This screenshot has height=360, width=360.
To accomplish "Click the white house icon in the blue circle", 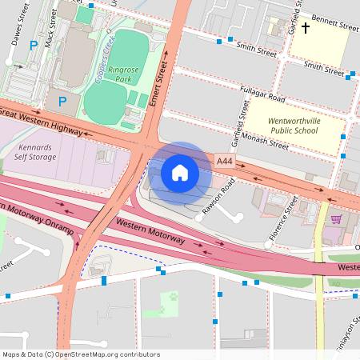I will [x=180, y=173].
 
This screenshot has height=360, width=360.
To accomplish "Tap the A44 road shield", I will [x=226, y=162].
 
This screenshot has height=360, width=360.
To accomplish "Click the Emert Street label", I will [x=157, y=87].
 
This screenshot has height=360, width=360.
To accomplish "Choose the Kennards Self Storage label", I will [x=35, y=152].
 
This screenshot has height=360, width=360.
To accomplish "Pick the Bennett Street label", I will [x=334, y=26].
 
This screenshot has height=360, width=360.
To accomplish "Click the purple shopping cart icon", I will [x=337, y=218].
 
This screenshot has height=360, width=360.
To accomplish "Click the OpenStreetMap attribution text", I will [x=81, y=354].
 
